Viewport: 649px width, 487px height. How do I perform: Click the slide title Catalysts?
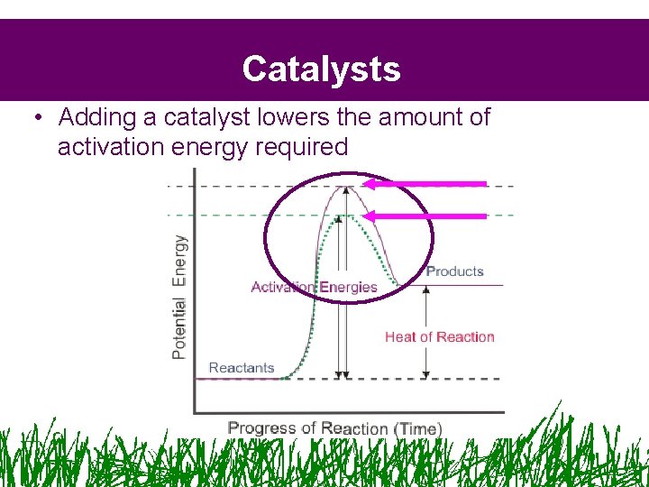coord(321,69)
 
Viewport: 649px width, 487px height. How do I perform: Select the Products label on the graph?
coord(454,271)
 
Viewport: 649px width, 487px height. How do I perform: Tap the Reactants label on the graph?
coord(241,368)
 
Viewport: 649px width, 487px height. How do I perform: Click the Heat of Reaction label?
coord(439,337)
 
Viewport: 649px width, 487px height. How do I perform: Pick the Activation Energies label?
coord(314,288)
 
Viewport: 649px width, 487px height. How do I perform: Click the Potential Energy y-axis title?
coord(179,297)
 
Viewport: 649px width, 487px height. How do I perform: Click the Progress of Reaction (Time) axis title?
coord(334,428)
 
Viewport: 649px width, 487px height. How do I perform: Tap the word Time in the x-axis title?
coord(417,429)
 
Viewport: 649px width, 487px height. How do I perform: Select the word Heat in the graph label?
coord(401,337)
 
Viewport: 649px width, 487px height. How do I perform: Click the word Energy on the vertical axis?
coord(179,261)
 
